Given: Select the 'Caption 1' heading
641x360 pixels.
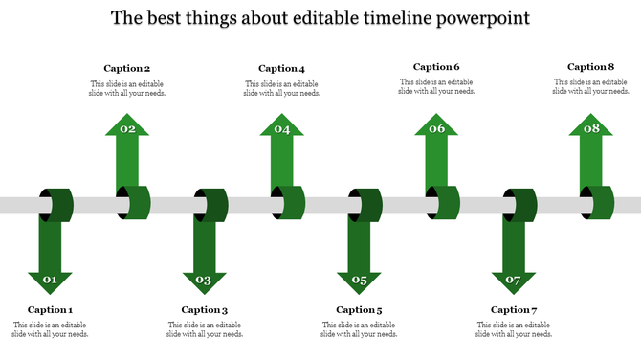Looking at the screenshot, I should [x=50, y=309].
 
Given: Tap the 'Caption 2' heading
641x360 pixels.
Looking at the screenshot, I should [x=127, y=68].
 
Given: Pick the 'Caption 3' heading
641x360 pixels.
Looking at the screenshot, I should [x=205, y=309].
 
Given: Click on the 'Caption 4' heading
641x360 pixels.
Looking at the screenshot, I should [x=281, y=68].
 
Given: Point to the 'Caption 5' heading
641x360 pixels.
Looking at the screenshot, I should [x=359, y=309].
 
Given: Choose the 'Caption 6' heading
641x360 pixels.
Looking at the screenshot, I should [x=436, y=67].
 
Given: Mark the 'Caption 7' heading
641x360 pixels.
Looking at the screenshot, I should [x=514, y=309].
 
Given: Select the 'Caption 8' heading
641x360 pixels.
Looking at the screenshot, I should [x=590, y=67].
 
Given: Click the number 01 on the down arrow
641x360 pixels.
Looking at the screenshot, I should [x=50, y=281].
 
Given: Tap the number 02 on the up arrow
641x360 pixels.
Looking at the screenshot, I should [x=127, y=129].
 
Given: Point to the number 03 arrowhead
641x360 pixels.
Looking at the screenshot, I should [x=204, y=281].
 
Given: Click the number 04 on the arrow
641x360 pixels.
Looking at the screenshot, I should [x=281, y=129].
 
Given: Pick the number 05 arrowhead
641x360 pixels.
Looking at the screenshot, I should [x=359, y=281].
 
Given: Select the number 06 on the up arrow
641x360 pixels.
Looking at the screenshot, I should [x=436, y=129].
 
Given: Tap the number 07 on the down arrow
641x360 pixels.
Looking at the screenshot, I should [x=514, y=281].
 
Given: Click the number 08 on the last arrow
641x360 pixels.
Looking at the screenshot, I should [x=590, y=129].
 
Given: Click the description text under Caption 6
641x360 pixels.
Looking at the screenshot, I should [x=436, y=87].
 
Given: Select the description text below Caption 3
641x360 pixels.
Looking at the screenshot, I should [x=205, y=329].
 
